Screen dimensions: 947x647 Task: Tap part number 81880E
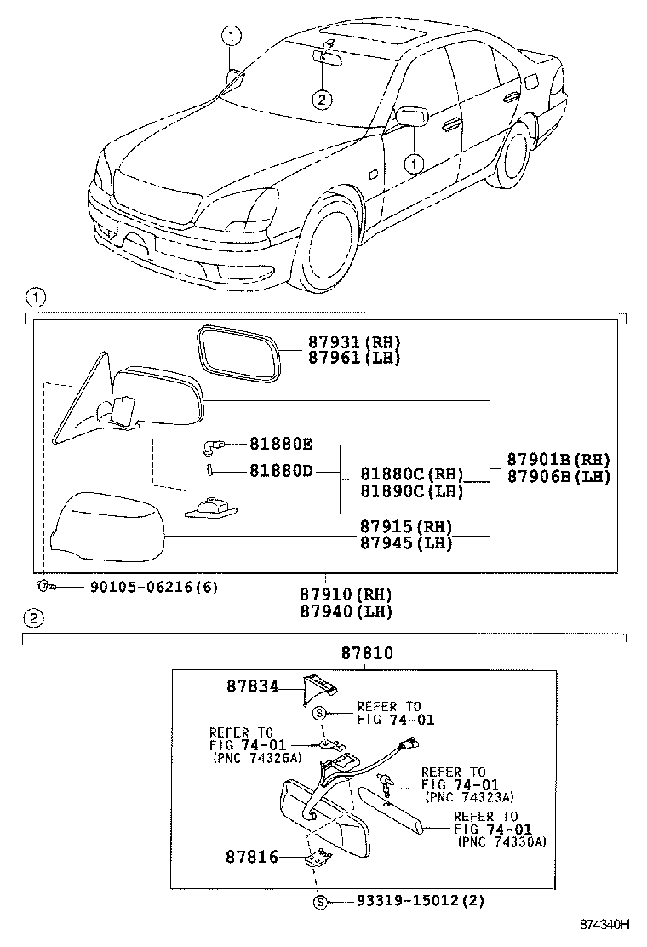click(x=282, y=444)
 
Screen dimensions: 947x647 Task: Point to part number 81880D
click(x=282, y=470)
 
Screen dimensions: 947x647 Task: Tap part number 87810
click(x=366, y=653)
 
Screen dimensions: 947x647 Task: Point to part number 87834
click(x=252, y=685)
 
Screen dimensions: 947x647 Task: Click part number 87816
click(x=252, y=857)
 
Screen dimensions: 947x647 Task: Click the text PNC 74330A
click(x=502, y=841)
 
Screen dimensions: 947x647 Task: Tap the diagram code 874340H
click(x=604, y=924)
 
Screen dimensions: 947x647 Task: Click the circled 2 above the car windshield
click(x=320, y=100)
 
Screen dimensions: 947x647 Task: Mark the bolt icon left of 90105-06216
click(x=43, y=587)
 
